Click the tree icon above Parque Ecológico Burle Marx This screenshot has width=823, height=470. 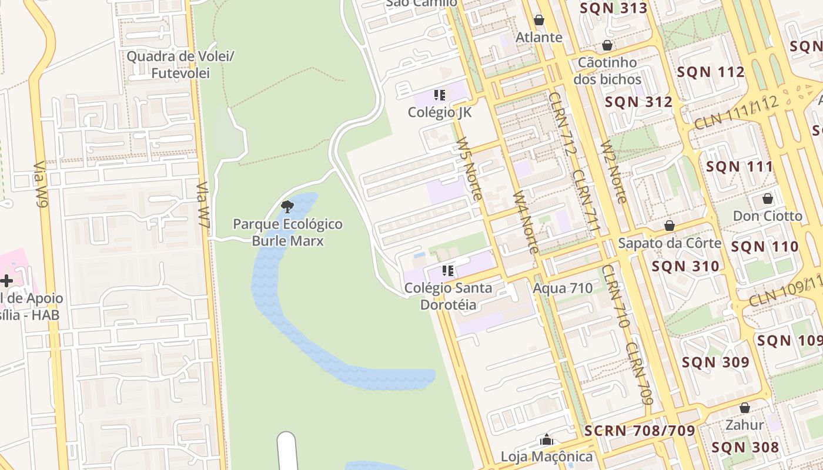(287, 206)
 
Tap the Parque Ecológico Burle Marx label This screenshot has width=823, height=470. (287, 232)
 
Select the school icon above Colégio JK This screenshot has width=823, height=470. (439, 95)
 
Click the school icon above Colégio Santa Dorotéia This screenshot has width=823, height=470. (448, 271)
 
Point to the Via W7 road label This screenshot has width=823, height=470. (203, 204)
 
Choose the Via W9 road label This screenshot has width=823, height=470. (40, 185)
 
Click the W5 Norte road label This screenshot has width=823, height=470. (470, 169)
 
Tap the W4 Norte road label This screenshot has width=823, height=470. (526, 222)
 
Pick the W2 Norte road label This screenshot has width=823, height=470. (614, 173)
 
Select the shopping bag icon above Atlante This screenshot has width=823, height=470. (539, 20)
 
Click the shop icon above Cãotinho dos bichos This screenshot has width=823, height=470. (607, 45)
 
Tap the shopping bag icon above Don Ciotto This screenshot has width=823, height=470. (767, 199)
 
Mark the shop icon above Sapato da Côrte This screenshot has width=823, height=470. (669, 226)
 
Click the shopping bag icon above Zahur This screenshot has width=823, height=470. (745, 407)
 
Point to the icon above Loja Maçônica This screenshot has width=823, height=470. (547, 439)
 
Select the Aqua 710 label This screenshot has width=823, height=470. (563, 288)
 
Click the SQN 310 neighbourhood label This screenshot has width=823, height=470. (685, 266)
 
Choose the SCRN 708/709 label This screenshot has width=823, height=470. (640, 431)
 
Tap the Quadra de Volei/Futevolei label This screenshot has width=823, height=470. (181, 65)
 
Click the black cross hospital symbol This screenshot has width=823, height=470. (6, 281)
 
